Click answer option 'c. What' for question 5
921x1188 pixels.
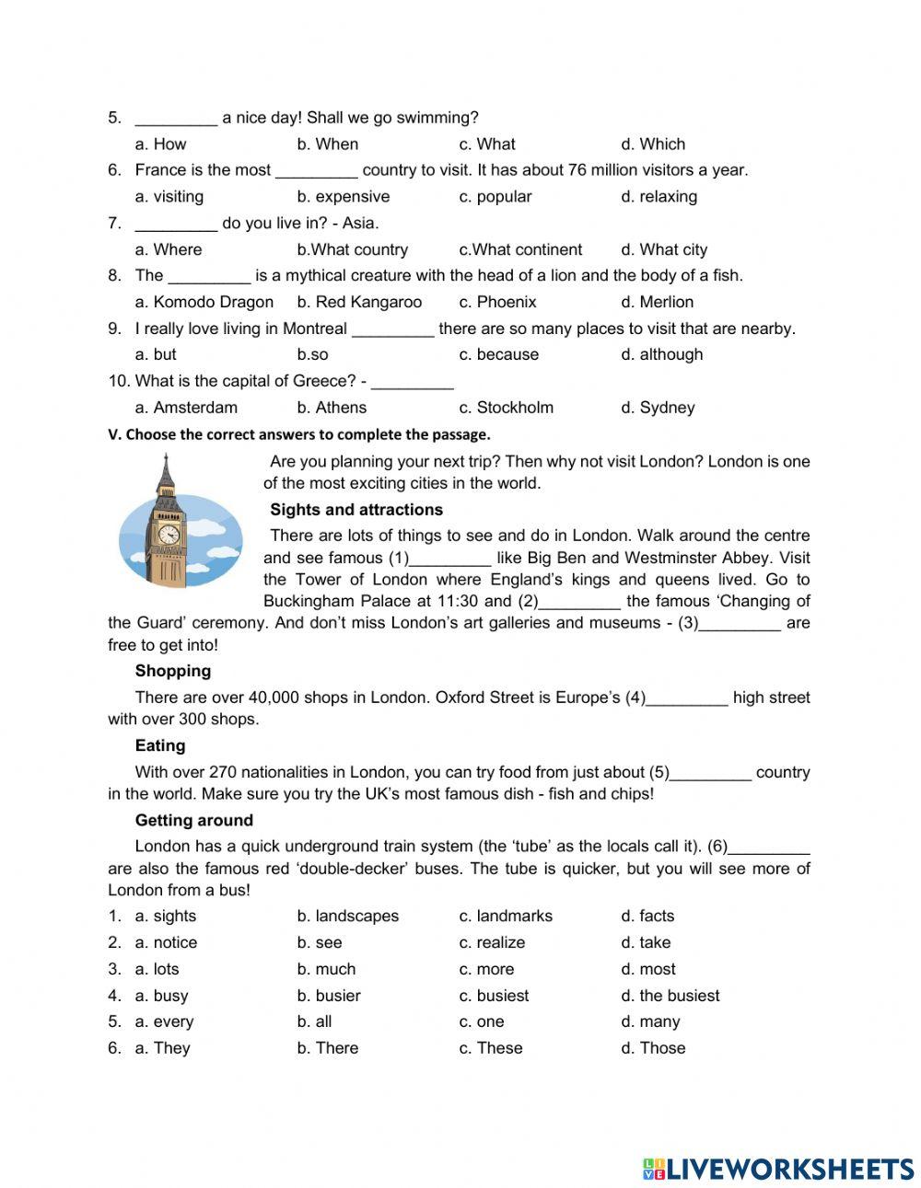pyautogui.click(x=487, y=144)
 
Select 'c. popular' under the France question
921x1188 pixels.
pyautogui.click(x=495, y=196)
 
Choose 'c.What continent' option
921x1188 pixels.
pyautogui.click(x=520, y=249)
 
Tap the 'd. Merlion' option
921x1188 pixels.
pyautogui.click(x=657, y=302)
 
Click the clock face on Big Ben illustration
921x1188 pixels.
pyautogui.click(x=169, y=534)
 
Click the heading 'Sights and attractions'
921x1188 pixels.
pyautogui.click(x=356, y=510)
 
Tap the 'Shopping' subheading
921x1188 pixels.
pyautogui.click(x=173, y=671)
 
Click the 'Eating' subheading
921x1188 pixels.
pyautogui.click(x=160, y=745)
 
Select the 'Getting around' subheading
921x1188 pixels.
pyautogui.click(x=194, y=820)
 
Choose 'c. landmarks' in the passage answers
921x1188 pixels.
pyautogui.click(x=506, y=916)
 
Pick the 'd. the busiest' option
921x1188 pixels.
pyautogui.click(x=670, y=996)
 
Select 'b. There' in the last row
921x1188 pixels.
pyautogui.click(x=328, y=1048)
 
